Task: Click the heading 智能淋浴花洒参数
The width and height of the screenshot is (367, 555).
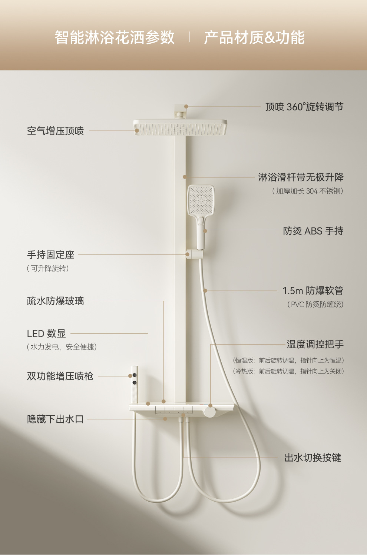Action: click(x=115, y=37)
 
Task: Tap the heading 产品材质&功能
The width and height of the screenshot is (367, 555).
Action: click(x=254, y=37)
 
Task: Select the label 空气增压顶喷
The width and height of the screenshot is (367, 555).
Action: click(x=55, y=131)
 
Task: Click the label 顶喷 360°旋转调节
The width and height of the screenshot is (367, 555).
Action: click(x=304, y=107)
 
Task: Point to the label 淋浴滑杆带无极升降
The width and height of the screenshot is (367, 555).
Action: click(x=301, y=177)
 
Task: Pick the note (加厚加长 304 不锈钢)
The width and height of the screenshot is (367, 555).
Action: click(x=307, y=191)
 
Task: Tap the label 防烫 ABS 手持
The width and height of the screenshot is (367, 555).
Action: click(x=313, y=231)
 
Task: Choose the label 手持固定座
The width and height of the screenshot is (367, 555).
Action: click(x=51, y=255)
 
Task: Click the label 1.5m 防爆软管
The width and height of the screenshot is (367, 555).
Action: click(x=313, y=290)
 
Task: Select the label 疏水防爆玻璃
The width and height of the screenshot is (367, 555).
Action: click(x=55, y=301)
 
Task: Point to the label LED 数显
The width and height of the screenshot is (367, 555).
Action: click(x=46, y=333)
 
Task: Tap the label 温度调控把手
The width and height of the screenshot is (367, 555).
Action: click(x=315, y=344)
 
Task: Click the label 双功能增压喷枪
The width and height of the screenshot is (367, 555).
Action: click(x=60, y=376)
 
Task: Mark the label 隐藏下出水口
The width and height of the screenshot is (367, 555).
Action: click(x=55, y=419)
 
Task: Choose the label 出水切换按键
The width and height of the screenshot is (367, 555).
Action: click(x=313, y=458)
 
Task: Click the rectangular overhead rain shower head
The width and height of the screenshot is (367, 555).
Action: click(x=180, y=128)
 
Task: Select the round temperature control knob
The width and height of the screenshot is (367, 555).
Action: click(x=209, y=411)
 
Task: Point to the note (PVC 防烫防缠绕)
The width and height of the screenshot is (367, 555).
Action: click(x=315, y=305)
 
